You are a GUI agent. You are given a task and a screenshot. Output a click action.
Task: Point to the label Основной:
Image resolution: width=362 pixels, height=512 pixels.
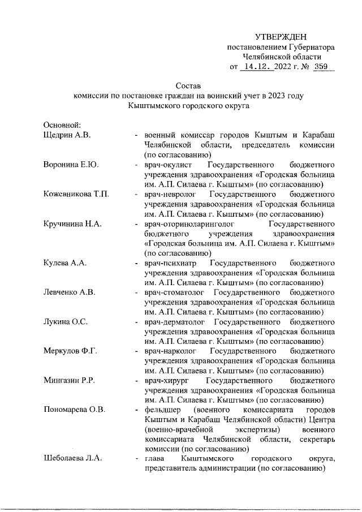tap(63, 124)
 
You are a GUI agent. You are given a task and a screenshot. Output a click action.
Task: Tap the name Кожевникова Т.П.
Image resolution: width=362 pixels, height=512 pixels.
tap(76, 195)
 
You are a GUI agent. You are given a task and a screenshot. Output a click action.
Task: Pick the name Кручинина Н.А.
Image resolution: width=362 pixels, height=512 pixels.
tap(72, 224)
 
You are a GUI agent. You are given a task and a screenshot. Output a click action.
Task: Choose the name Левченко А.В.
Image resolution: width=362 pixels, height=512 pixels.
tap(70, 293)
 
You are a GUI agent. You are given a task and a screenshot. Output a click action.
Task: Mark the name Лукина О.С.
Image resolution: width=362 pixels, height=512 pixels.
tap(66, 323)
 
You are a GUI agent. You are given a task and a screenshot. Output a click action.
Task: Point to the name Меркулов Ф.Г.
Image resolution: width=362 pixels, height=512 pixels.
tap(71, 352)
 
